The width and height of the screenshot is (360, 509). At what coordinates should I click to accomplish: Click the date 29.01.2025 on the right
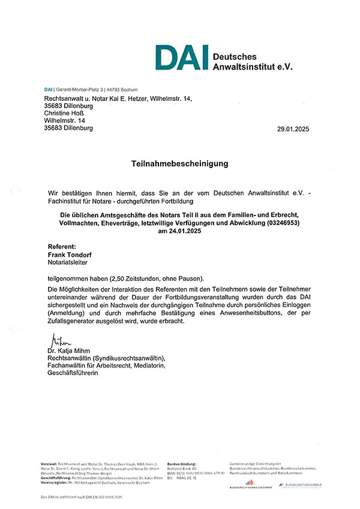click(296, 129)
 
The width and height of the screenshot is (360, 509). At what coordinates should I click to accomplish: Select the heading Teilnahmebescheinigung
click(180, 163)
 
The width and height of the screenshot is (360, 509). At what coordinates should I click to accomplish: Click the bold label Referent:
click(62, 246)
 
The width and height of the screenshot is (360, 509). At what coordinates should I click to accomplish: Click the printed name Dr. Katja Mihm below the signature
click(70, 351)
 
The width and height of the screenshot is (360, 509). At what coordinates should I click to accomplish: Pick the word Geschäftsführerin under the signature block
click(73, 373)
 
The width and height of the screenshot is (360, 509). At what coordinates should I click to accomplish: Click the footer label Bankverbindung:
click(182, 464)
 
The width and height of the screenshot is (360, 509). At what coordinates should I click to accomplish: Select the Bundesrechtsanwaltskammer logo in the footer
click(251, 484)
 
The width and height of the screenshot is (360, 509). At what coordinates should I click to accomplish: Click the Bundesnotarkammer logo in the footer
click(299, 484)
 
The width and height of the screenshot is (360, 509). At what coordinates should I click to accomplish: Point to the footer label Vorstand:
click(49, 464)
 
